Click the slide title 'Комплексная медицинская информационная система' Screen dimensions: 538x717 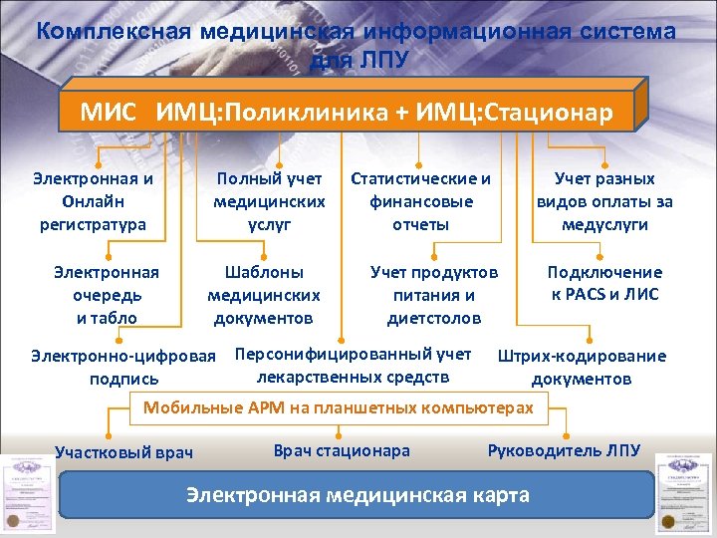point(357,32)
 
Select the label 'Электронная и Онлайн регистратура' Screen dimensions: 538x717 point(93,201)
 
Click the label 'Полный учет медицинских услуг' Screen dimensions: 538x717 point(270,201)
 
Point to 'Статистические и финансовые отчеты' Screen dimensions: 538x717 point(420,201)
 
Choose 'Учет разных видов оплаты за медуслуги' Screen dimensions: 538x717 point(604,201)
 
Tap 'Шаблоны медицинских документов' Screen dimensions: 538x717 point(264,295)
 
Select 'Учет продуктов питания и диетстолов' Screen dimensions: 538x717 point(434,295)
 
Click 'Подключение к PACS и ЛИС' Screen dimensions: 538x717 point(604,283)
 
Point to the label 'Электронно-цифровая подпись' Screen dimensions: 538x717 point(123,367)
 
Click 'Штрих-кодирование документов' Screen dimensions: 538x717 point(582,367)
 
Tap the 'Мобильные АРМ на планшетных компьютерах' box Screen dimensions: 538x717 point(339,406)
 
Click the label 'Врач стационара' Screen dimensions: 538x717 point(342,450)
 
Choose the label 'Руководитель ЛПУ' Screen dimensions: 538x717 point(564,450)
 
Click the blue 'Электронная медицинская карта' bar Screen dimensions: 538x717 point(358,495)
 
